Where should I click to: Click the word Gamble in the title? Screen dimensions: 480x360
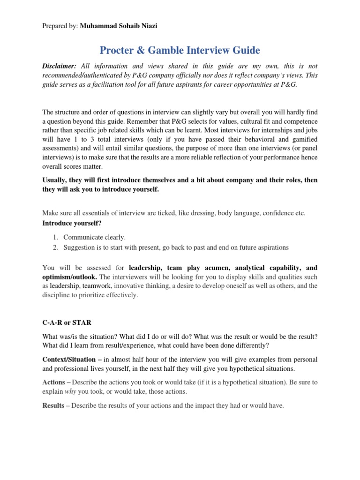pyautogui.click(x=180, y=50)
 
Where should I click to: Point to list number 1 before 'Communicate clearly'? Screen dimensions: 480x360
pyautogui.click(x=54, y=237)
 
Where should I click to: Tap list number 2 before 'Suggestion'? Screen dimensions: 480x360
pyautogui.click(x=54, y=247)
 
